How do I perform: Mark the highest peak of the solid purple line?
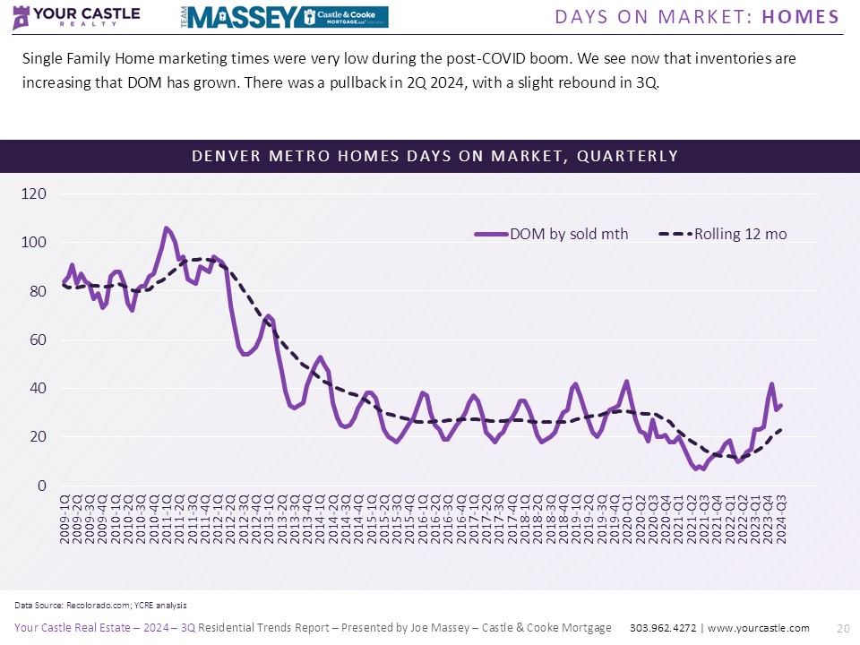click(166, 228)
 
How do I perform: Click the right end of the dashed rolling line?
click(781, 430)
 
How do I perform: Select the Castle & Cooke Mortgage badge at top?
click(344, 16)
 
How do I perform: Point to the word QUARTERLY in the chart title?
click(627, 156)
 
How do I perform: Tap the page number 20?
click(842, 628)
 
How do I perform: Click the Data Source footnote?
click(100, 606)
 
